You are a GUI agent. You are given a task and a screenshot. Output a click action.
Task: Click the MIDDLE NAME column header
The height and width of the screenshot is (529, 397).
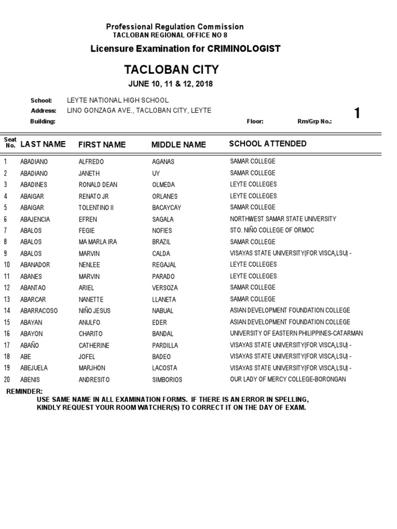point(178,145)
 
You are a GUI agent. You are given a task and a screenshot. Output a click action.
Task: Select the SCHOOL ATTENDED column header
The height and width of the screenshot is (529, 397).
point(267,144)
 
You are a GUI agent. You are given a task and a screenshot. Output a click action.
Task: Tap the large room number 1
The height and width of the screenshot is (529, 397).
point(357,114)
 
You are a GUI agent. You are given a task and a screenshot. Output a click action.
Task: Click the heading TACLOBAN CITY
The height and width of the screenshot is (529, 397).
point(171,70)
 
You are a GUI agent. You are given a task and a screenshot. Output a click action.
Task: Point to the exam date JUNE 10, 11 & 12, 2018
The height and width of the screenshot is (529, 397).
point(171,84)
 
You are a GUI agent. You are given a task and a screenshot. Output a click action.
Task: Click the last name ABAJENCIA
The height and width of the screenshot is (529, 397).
point(35,219)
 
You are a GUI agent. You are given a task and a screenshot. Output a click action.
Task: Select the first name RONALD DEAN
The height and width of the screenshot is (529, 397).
point(98,184)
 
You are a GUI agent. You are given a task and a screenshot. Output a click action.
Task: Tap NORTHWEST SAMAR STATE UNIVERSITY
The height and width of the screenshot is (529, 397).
point(283,219)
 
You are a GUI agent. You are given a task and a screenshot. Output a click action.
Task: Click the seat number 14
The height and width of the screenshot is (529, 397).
point(7,310)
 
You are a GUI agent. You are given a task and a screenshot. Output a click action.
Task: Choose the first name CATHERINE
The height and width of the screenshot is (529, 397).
point(94,346)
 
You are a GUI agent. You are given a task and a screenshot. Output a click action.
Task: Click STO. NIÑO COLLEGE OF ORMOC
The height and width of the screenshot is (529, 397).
point(272,230)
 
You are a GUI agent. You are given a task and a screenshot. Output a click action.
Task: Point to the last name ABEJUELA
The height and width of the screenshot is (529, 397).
point(34,368)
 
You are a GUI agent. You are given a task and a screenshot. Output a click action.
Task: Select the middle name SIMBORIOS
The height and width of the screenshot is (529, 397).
point(167,380)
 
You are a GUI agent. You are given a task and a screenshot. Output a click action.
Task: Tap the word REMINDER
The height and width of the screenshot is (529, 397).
point(24,392)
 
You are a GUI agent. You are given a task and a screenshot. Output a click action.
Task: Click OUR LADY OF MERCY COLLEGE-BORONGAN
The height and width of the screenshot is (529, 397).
point(288,380)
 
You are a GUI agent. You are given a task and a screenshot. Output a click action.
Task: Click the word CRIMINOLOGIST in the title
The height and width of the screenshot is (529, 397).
point(244,49)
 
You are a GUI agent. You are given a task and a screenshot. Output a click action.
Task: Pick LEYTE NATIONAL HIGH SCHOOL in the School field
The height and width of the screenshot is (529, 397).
point(117,100)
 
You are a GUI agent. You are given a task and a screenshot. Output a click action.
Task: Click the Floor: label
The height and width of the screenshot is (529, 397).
point(255,121)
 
